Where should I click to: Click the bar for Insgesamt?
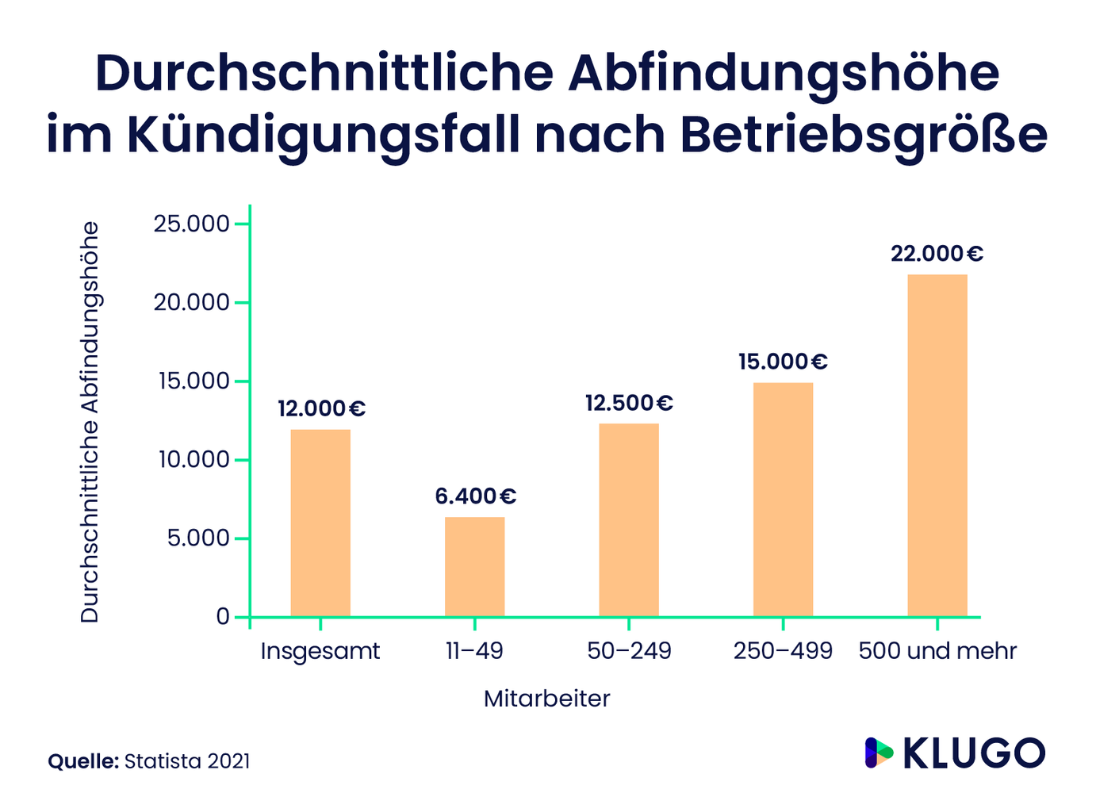(320, 523)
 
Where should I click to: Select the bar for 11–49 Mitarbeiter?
(474, 567)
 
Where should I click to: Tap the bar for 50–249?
(629, 520)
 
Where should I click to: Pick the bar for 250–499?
(783, 500)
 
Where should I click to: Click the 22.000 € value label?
(937, 254)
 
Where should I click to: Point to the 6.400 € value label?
(475, 496)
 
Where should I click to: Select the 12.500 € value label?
(629, 403)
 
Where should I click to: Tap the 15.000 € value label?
(783, 362)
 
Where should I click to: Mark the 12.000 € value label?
(321, 409)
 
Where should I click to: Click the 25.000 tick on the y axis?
(192, 224)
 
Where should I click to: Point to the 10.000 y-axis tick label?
(192, 460)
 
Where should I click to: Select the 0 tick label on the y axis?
(223, 617)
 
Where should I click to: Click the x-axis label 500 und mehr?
(937, 651)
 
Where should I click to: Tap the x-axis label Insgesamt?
(320, 652)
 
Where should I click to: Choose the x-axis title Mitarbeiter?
(547, 699)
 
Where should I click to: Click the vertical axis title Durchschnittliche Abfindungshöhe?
(90, 422)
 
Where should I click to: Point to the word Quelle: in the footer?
(83, 761)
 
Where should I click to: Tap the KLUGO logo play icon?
(878, 753)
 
